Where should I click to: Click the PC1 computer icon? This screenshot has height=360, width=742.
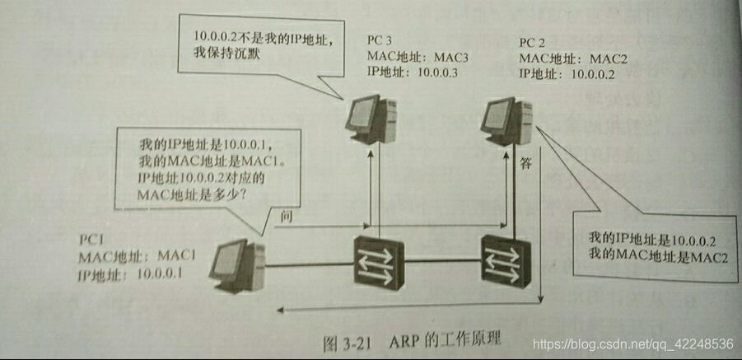click(236, 264)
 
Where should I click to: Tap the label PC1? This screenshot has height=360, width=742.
click(91, 239)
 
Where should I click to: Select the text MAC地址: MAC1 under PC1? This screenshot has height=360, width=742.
click(137, 255)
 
